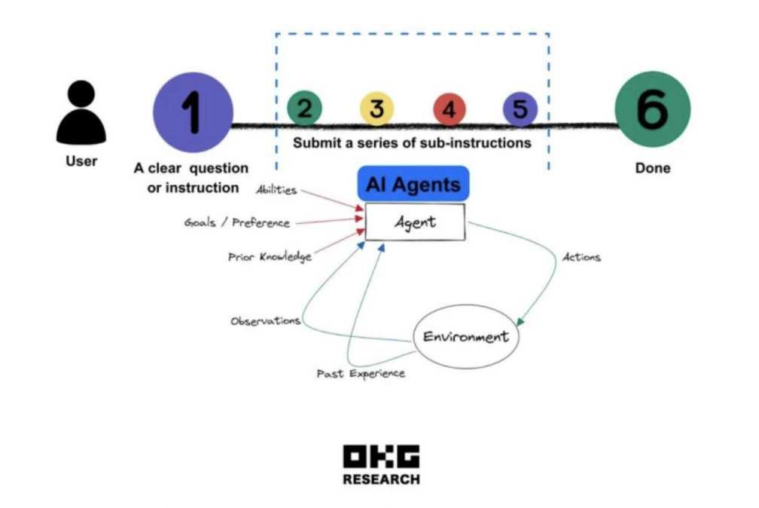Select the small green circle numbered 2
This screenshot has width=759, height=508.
coord(304,109)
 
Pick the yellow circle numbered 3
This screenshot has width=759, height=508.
coord(376,109)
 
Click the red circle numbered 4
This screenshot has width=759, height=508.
coord(449,109)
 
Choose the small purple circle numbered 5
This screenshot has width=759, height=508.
coord(520,109)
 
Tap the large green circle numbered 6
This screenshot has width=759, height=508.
coord(652,110)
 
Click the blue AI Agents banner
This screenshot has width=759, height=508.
coord(413,184)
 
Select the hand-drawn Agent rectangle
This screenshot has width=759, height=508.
coord(415,222)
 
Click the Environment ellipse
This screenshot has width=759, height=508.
coord(465,337)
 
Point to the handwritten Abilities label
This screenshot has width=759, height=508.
coord(276,190)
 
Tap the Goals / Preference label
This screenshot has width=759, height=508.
coord(237,223)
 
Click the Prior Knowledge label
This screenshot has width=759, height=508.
coord(270,257)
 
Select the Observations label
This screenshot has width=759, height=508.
coord(265,321)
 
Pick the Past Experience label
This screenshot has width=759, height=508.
coord(361,374)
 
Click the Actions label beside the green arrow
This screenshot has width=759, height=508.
coord(581,257)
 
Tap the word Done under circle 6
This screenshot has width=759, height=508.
coord(652,167)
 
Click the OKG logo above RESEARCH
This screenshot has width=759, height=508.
coord(381,458)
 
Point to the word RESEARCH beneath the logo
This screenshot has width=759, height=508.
coord(381,479)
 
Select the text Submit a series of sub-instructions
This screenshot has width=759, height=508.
coord(412,142)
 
